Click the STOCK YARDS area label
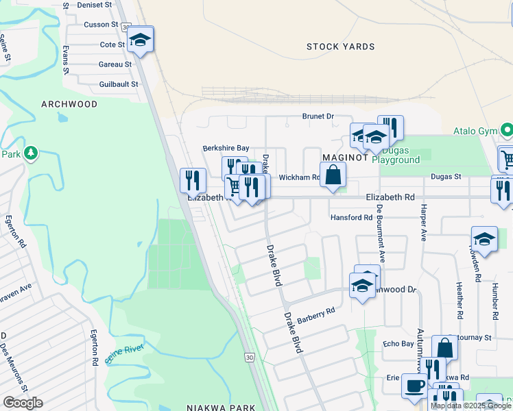[341, 47]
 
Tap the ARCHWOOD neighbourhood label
[69, 104]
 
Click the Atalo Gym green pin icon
[506, 129]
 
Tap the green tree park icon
[30, 152]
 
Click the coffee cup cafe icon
[414, 386]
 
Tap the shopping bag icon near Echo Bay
[444, 348]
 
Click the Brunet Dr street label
[318, 116]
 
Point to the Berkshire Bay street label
[225, 148]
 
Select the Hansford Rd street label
[350, 217]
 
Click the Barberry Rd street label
[316, 311]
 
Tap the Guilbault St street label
[109, 84]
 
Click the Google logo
[23, 403]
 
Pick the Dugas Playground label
[396, 155]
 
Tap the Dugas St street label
[446, 176]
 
